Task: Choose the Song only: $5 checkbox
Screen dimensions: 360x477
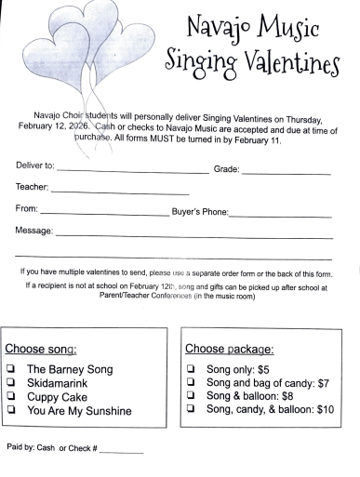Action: point(192,369)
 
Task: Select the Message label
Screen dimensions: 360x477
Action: point(33,230)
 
